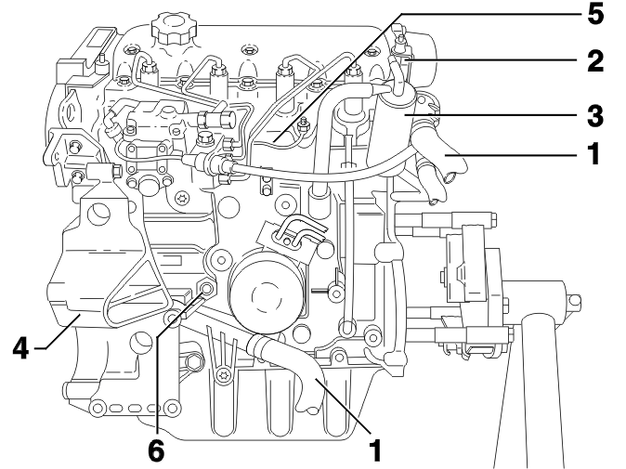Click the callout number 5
[x=594, y=15]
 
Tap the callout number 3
[x=595, y=115]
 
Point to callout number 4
[x=21, y=348]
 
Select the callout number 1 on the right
[x=593, y=153]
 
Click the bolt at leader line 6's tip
[x=206, y=289]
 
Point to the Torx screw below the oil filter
[x=222, y=375]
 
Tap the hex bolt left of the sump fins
[x=193, y=362]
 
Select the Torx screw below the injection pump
[x=184, y=198]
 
